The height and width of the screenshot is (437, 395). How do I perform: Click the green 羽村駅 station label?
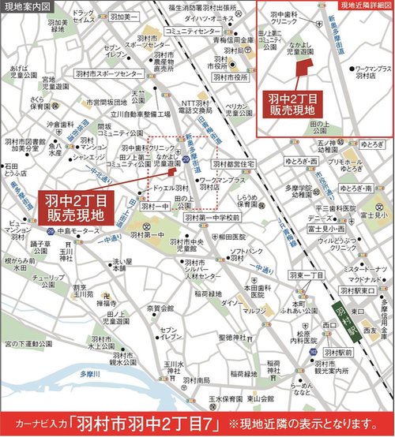point(348,322)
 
